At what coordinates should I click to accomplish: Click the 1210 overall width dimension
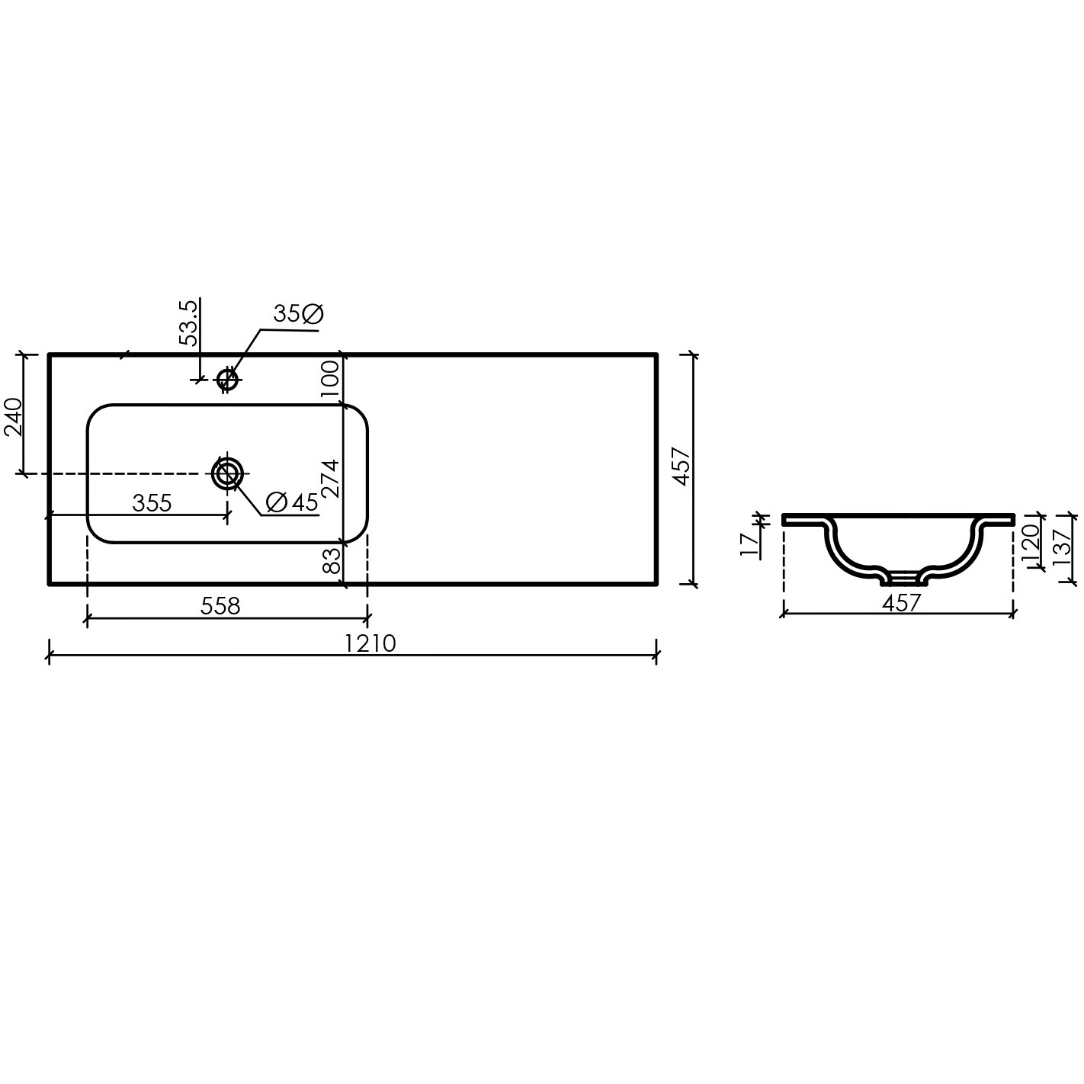[x=370, y=643]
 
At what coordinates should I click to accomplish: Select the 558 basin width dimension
[x=220, y=606]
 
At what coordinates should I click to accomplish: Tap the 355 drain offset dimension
[x=152, y=503]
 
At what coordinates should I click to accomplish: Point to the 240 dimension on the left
[x=13, y=417]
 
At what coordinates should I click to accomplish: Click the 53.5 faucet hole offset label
[x=188, y=323]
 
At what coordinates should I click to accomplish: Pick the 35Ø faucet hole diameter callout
[x=298, y=314]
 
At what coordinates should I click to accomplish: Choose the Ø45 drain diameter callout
[x=292, y=502]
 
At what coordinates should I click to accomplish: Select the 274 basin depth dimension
[x=331, y=478]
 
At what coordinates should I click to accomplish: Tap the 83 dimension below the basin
[x=332, y=560]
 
